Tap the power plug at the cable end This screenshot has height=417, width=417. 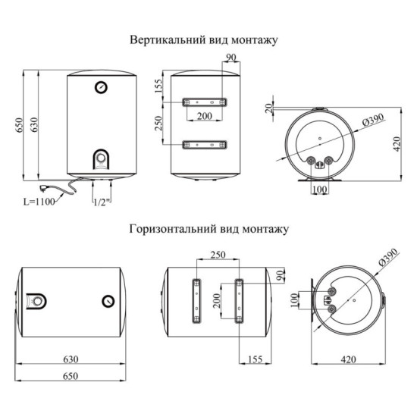tap(45, 187)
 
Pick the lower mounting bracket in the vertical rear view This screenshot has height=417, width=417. tap(204, 144)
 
